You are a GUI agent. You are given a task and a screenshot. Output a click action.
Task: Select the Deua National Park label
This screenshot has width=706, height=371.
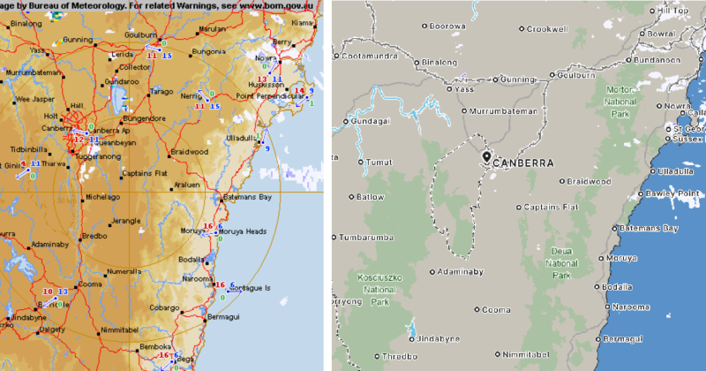(x=560, y=262)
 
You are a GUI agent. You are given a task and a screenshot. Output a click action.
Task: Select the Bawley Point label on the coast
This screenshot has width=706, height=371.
(x=674, y=193)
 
